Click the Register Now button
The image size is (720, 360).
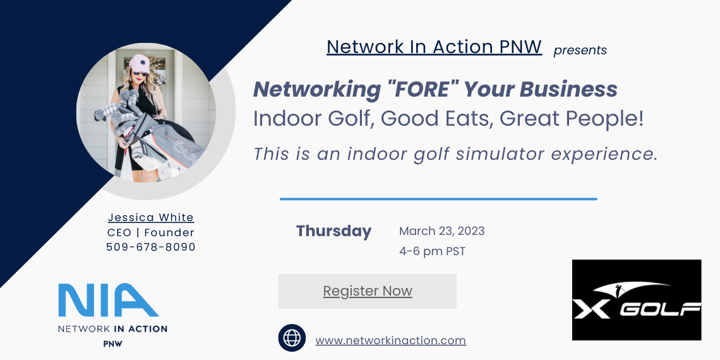point(368,291)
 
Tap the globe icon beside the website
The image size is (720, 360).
point(292,338)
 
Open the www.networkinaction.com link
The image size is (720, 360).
point(390,340)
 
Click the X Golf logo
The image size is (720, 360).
point(637,300)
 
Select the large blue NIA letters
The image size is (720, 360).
point(109,300)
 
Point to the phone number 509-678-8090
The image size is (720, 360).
point(150,247)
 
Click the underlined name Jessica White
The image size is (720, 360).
point(151,218)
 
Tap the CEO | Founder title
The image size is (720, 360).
point(150,233)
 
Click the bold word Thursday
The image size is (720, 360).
point(334,231)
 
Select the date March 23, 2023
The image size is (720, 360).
point(441,231)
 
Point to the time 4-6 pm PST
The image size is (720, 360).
point(432,251)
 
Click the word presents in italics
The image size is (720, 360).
point(580,51)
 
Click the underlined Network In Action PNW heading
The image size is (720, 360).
point(435,47)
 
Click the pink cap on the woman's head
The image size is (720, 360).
point(139,63)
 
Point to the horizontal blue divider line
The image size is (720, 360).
point(438,199)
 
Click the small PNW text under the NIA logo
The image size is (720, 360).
point(112,344)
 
